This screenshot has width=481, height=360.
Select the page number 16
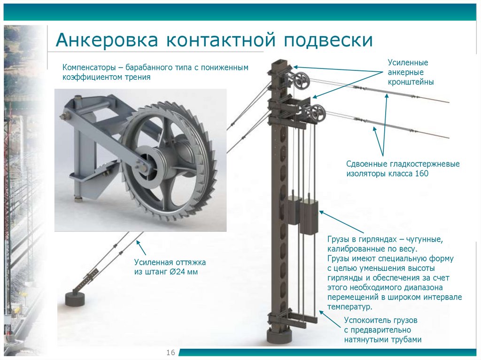click(170, 352)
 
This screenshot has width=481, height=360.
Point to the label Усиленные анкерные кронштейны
click(410, 72)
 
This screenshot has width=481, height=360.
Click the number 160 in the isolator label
click(422, 174)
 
